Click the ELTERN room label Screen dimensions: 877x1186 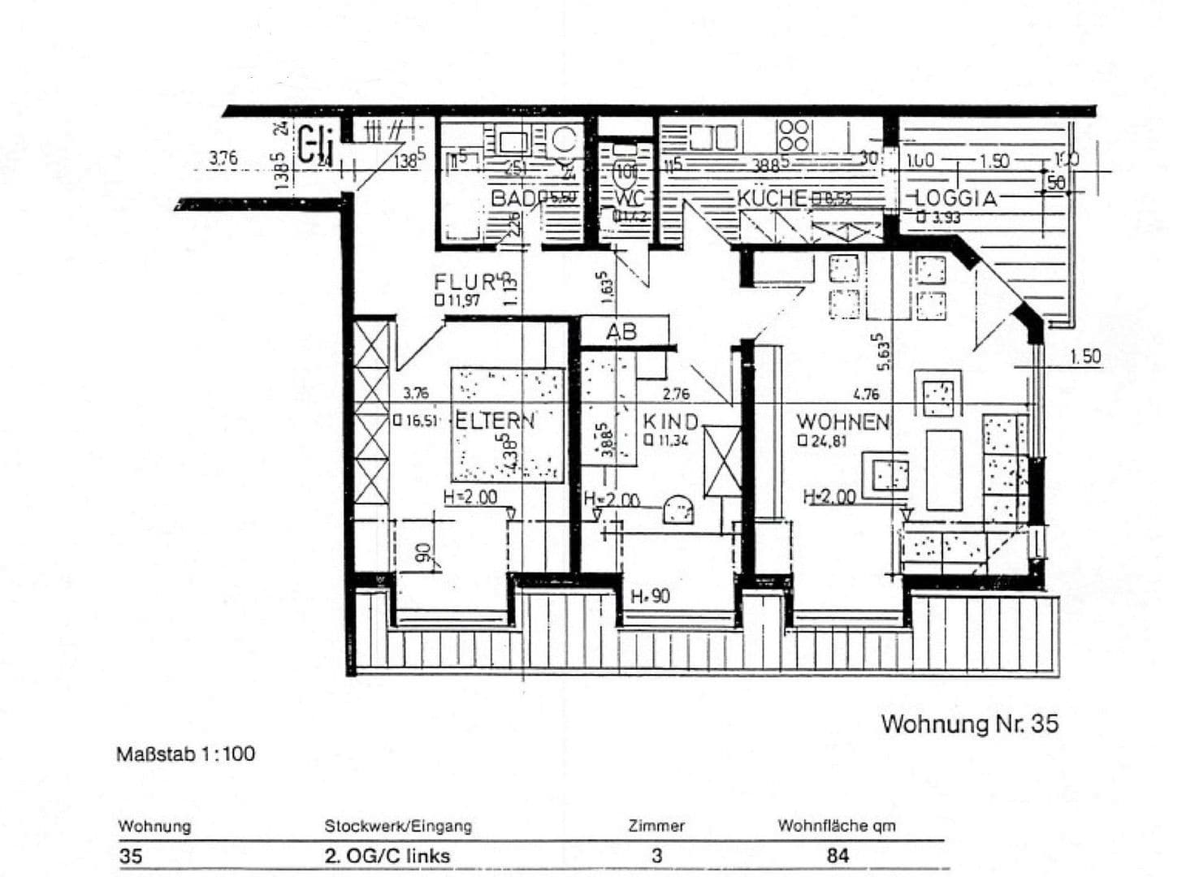point(495,421)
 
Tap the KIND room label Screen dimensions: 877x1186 point(670,422)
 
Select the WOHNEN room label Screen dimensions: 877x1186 point(842,422)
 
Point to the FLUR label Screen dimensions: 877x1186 point(465,283)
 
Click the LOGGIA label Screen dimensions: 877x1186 point(955,198)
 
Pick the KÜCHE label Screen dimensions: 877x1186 point(772,198)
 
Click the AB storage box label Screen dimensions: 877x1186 point(621,332)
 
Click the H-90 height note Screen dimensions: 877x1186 point(650,597)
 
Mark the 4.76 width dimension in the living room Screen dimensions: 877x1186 point(866,395)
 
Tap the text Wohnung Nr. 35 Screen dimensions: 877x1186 point(969,724)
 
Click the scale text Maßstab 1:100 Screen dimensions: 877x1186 point(185,754)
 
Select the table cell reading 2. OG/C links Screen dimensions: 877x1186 point(387,855)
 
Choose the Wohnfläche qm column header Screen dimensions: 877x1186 point(836,826)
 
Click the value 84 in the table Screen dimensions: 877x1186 point(837,855)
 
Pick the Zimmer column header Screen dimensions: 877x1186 point(656,826)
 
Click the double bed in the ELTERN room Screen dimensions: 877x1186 point(508,425)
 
